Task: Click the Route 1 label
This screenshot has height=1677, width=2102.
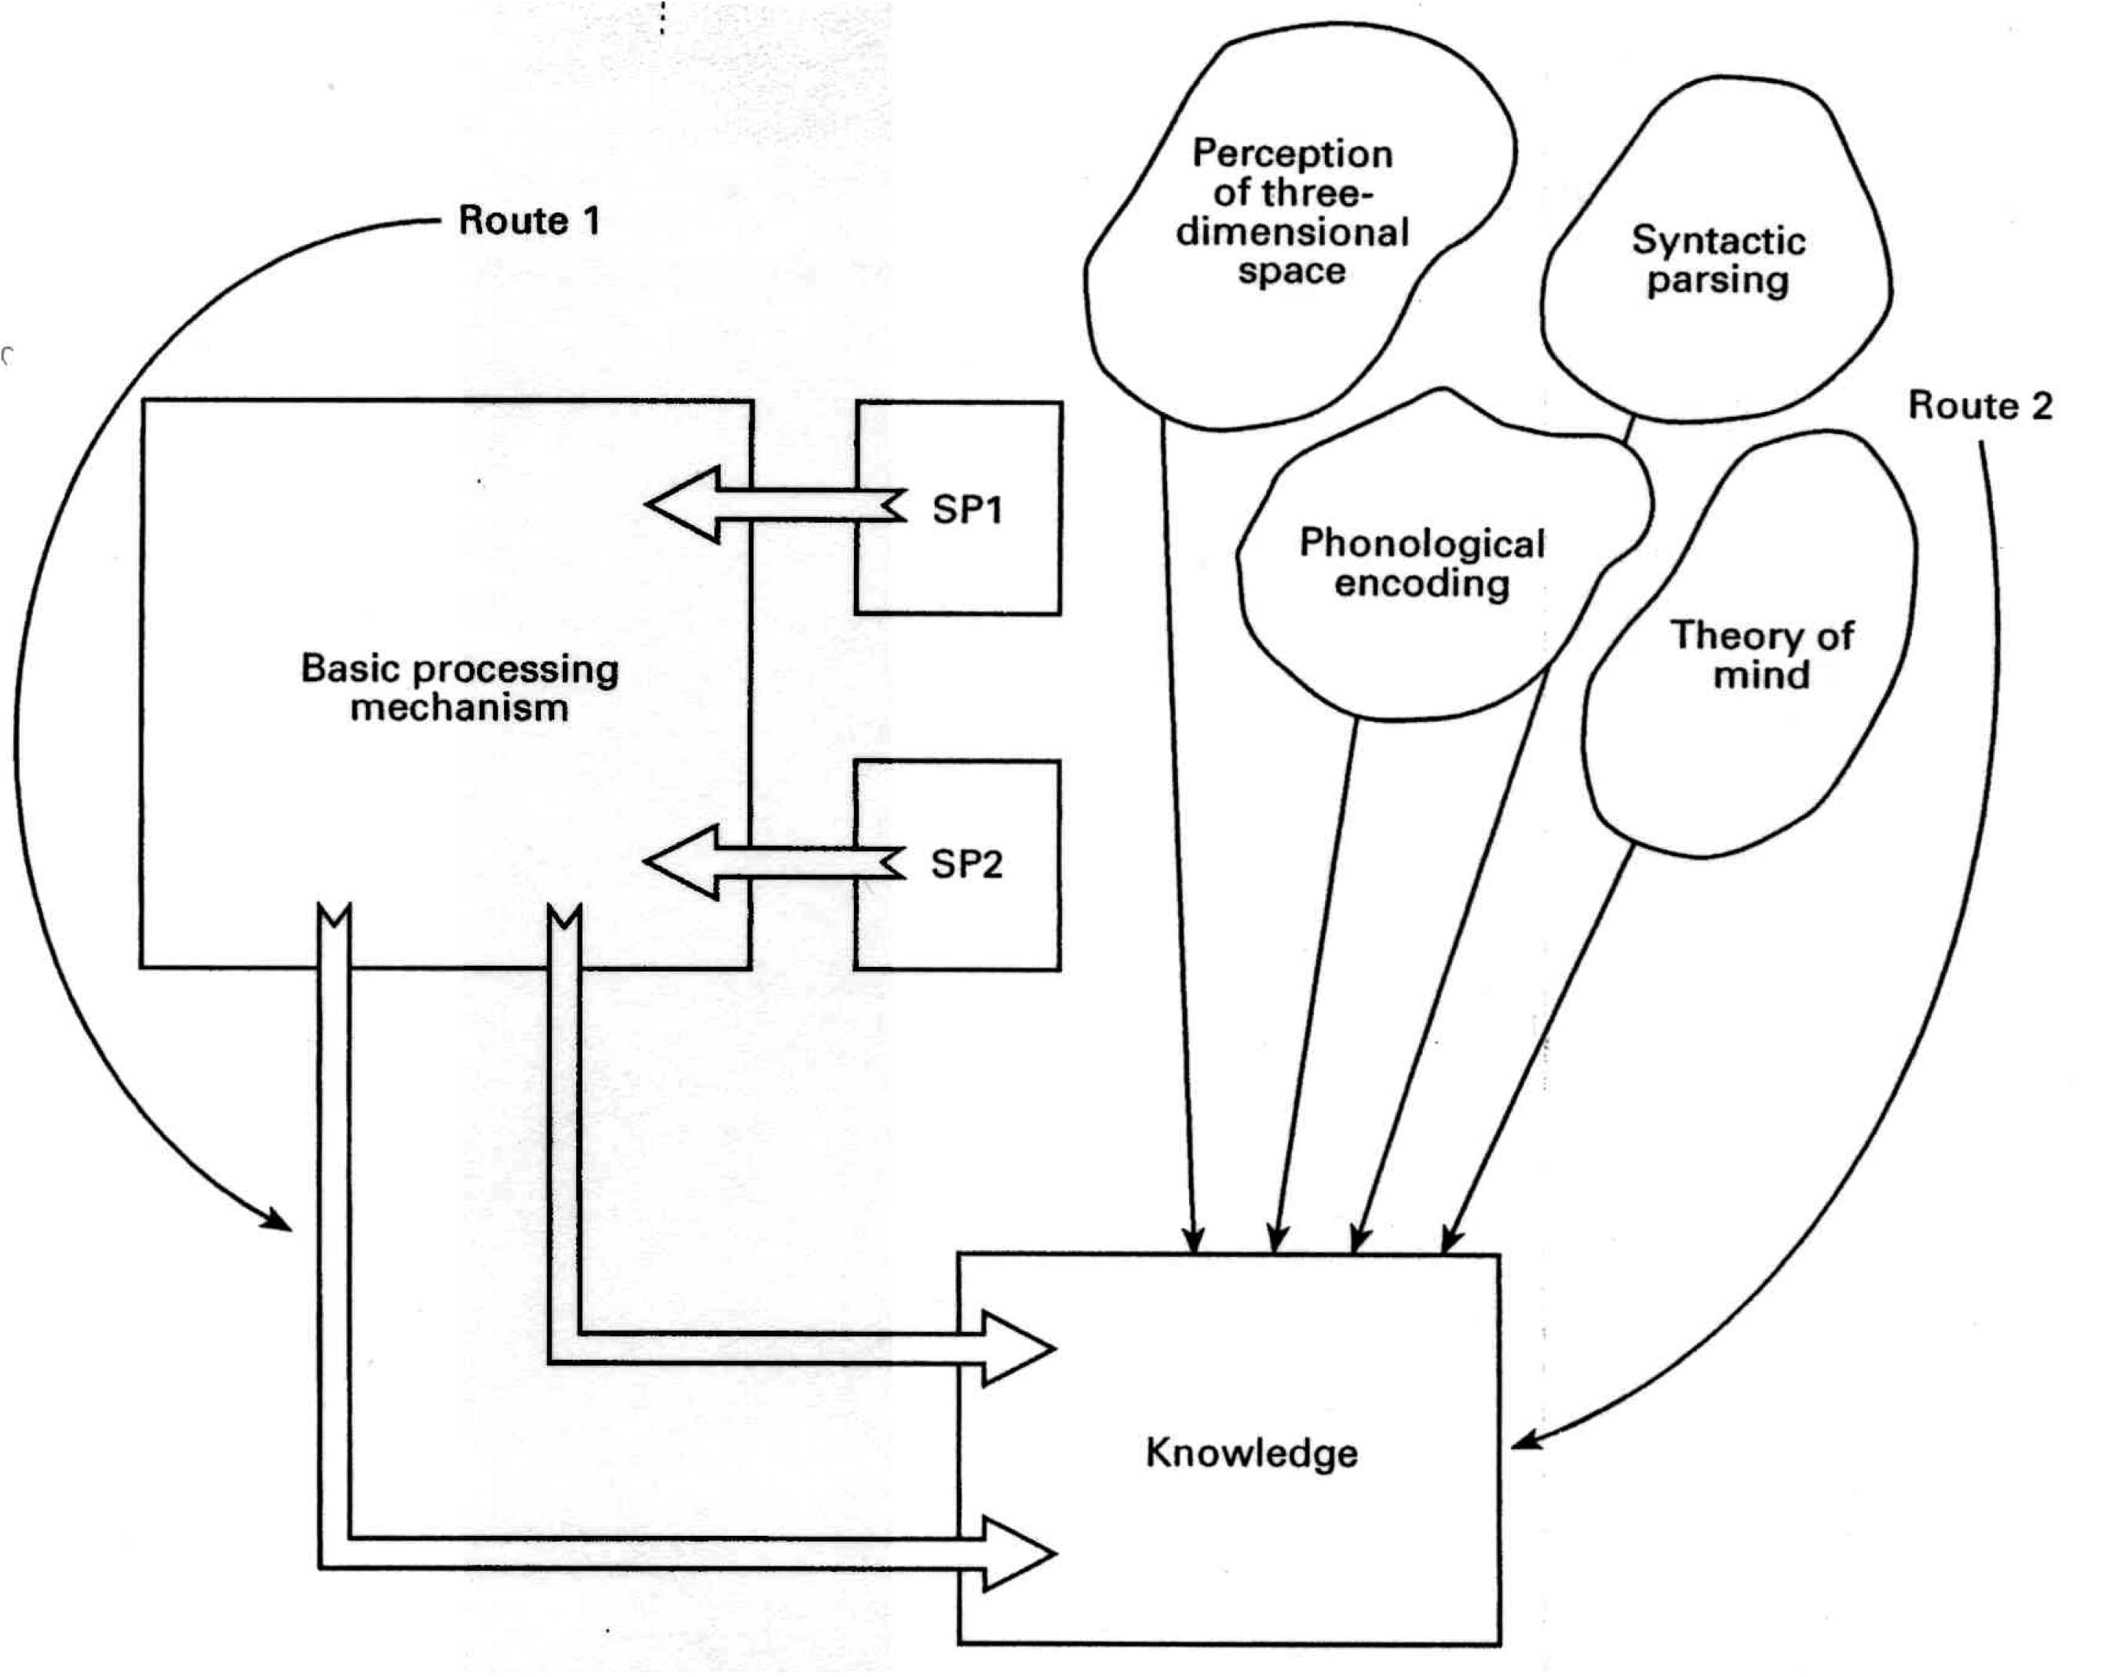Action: [x=528, y=221]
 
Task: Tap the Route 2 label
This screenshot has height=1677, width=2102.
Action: [x=1979, y=406]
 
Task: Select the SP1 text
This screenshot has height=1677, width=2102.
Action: [x=966, y=510]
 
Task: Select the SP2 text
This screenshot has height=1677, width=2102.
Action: [x=966, y=864]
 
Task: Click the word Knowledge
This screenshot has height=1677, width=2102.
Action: [x=1251, y=1453]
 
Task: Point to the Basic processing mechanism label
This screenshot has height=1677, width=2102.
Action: [x=459, y=688]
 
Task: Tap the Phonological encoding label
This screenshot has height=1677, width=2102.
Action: [x=1421, y=563]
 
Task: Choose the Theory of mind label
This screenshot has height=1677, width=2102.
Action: [x=1762, y=655]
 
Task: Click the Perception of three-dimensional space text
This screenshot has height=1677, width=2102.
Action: [x=1293, y=212]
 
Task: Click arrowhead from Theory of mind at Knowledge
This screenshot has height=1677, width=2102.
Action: [x=1449, y=1242]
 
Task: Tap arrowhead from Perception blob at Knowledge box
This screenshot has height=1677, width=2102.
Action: [x=1193, y=1243]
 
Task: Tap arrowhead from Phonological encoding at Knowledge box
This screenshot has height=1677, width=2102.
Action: [x=1275, y=1243]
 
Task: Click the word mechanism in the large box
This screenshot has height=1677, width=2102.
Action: [x=459, y=708]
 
